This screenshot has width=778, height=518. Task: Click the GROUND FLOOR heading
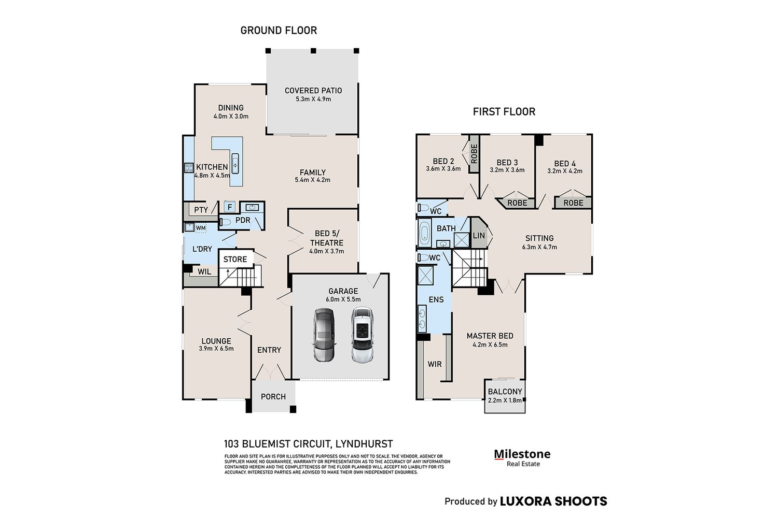279,31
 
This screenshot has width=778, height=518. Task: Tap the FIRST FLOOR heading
504,112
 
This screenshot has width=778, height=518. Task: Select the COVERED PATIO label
313,91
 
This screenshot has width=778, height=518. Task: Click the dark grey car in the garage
325,335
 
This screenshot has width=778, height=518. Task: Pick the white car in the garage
362,335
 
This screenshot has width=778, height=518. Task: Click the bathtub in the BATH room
424,233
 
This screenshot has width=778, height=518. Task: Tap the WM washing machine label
201,228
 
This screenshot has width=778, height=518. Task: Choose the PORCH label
273,397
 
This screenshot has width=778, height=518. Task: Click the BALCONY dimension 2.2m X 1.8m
505,400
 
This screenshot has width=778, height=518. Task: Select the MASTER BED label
490,336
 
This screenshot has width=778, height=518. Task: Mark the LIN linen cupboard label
479,235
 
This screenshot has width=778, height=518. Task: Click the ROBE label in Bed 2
474,154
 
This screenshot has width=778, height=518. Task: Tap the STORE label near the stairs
235,259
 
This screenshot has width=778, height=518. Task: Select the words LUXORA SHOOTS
553,501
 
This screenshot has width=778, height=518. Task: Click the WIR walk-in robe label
435,364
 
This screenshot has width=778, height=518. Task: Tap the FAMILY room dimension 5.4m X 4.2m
313,180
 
